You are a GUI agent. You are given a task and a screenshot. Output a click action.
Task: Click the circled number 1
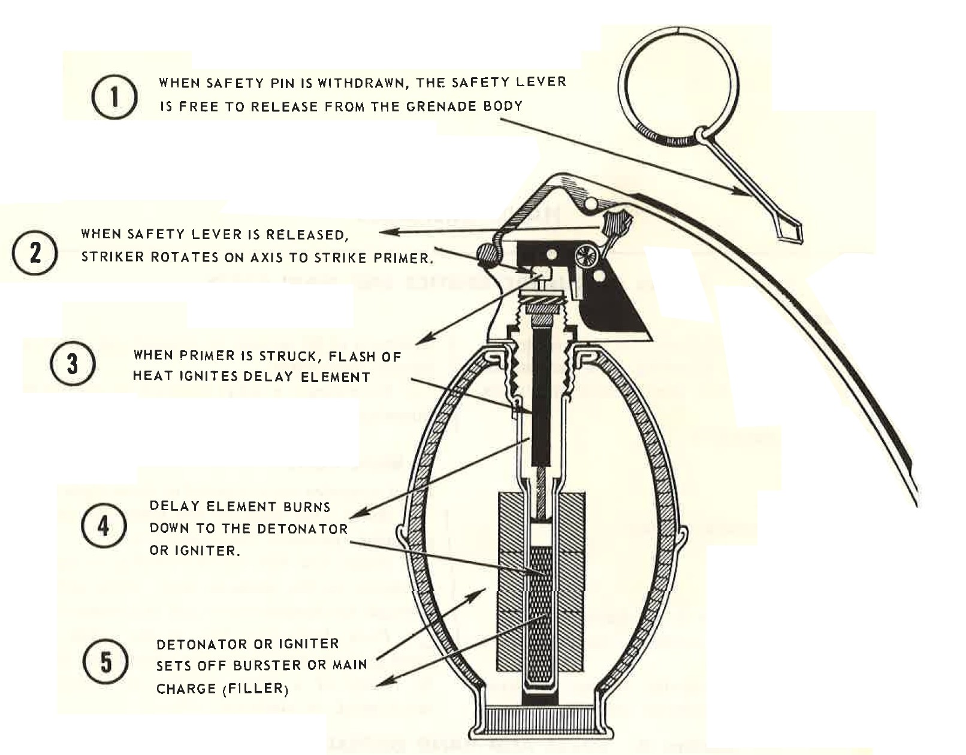tap(114, 97)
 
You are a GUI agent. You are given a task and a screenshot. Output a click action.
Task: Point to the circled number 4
tap(104, 526)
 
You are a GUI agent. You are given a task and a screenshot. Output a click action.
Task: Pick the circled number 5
tap(105, 662)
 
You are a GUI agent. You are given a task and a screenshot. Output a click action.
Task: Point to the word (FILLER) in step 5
tap(256, 689)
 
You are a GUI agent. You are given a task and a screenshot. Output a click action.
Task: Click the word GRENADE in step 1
tap(438, 107)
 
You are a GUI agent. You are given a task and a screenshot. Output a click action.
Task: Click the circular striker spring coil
tap(585, 257)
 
